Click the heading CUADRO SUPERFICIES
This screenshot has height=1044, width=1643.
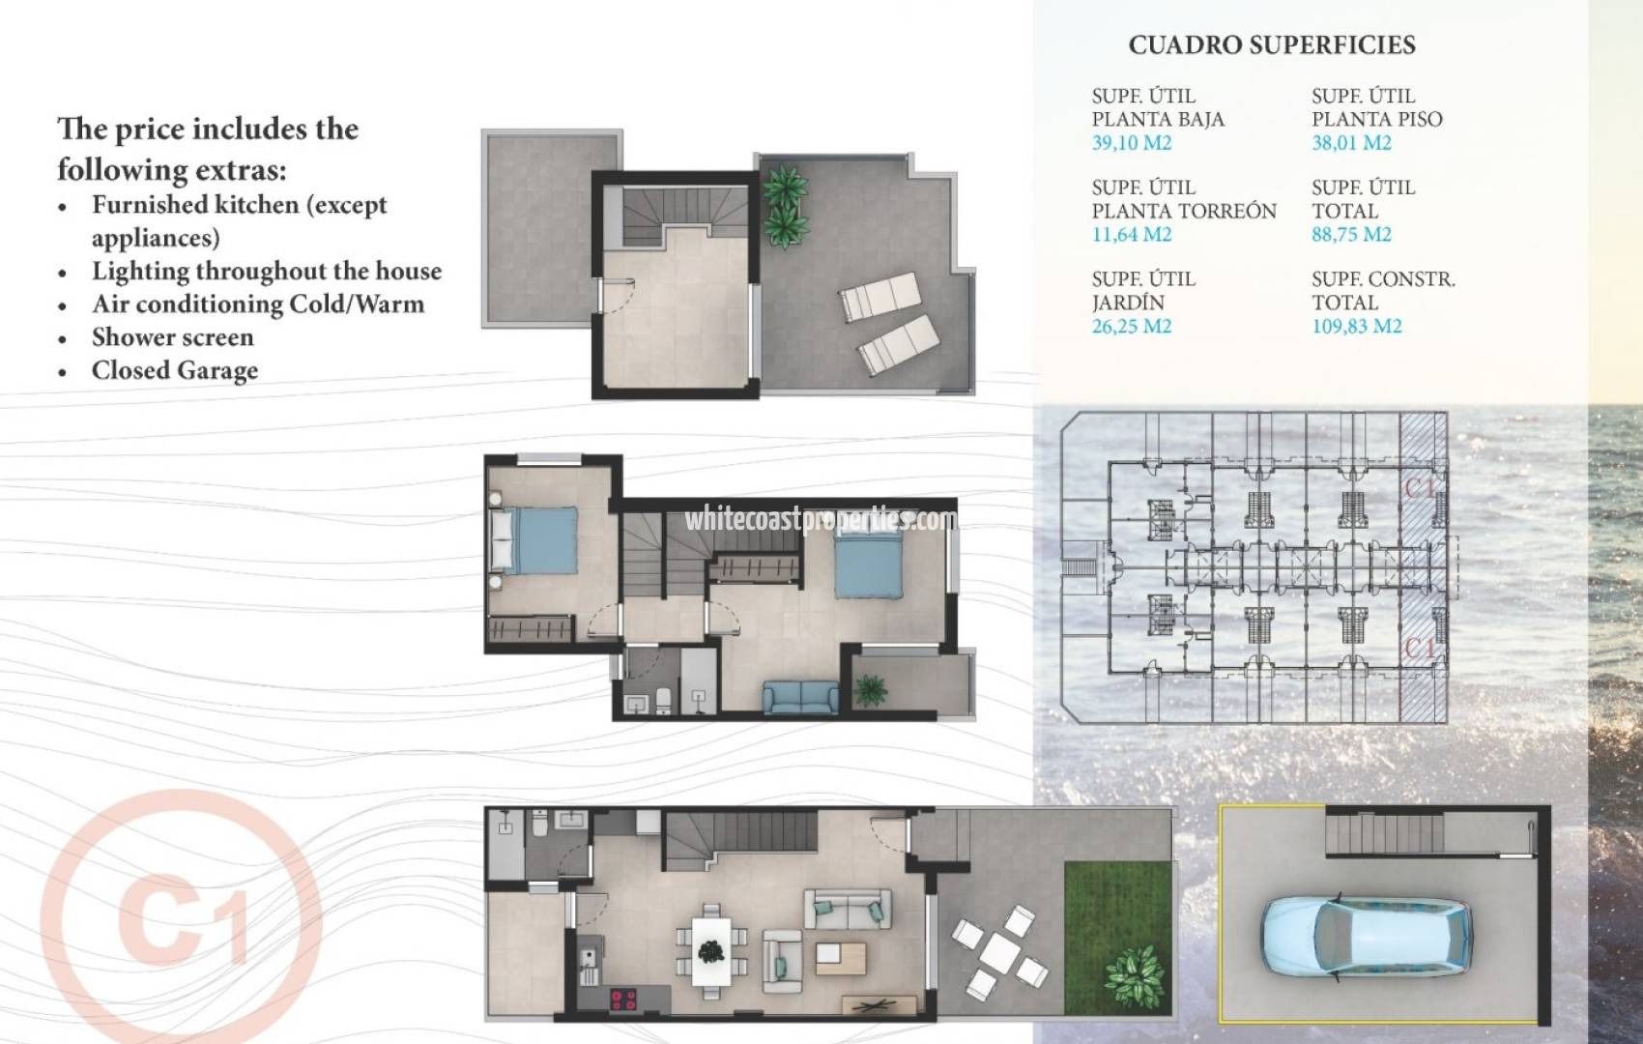[1272, 45]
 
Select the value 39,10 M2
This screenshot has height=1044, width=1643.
[1132, 143]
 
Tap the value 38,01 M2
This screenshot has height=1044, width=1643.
[1351, 143]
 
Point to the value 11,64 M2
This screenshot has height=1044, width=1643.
[1132, 235]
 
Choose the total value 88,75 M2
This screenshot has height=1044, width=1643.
[1351, 235]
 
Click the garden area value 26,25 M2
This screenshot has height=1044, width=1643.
[1132, 327]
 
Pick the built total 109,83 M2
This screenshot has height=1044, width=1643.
[1356, 327]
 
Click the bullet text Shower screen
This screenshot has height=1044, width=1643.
[172, 337]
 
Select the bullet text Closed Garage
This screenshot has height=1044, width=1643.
[175, 371]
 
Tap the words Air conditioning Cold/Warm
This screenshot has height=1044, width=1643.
[258, 304]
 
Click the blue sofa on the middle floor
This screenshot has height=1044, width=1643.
[801, 696]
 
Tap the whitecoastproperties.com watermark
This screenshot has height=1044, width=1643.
[820, 520]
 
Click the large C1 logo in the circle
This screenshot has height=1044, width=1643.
[181, 918]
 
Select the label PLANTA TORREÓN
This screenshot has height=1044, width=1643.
[1184, 211]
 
